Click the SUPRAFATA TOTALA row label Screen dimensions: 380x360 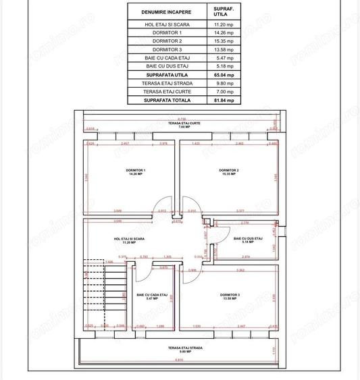[x=167, y=100]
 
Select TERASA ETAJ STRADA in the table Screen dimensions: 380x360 [x=167, y=83]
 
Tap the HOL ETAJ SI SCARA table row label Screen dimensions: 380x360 [x=167, y=24]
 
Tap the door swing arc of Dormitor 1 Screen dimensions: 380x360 [x=159, y=209]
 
